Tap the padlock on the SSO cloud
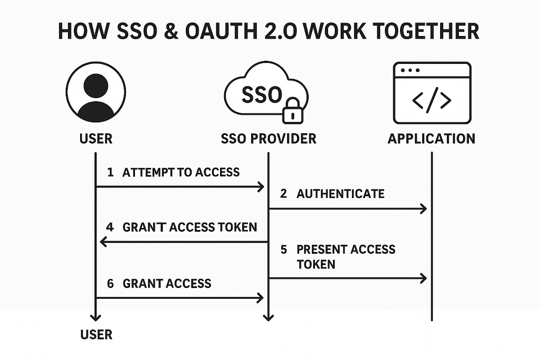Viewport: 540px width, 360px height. pos(293,110)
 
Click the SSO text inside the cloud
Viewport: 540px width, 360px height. pos(262,94)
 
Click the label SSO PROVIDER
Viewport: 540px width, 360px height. pos(269,138)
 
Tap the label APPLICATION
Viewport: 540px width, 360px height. pos(432,138)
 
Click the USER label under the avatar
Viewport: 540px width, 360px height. pos(96,138)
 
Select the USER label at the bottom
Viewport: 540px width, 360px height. pos(96,334)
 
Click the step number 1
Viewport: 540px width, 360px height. pos(110,172)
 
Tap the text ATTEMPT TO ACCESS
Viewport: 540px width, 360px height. pos(181,172)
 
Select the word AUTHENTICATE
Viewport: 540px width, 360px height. pos(341,194)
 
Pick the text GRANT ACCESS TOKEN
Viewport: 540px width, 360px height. pos(189,227)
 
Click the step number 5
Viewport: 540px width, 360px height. pos(283,250)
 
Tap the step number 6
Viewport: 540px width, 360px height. pos(110,283)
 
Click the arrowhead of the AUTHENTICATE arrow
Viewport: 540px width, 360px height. pos(423,208)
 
